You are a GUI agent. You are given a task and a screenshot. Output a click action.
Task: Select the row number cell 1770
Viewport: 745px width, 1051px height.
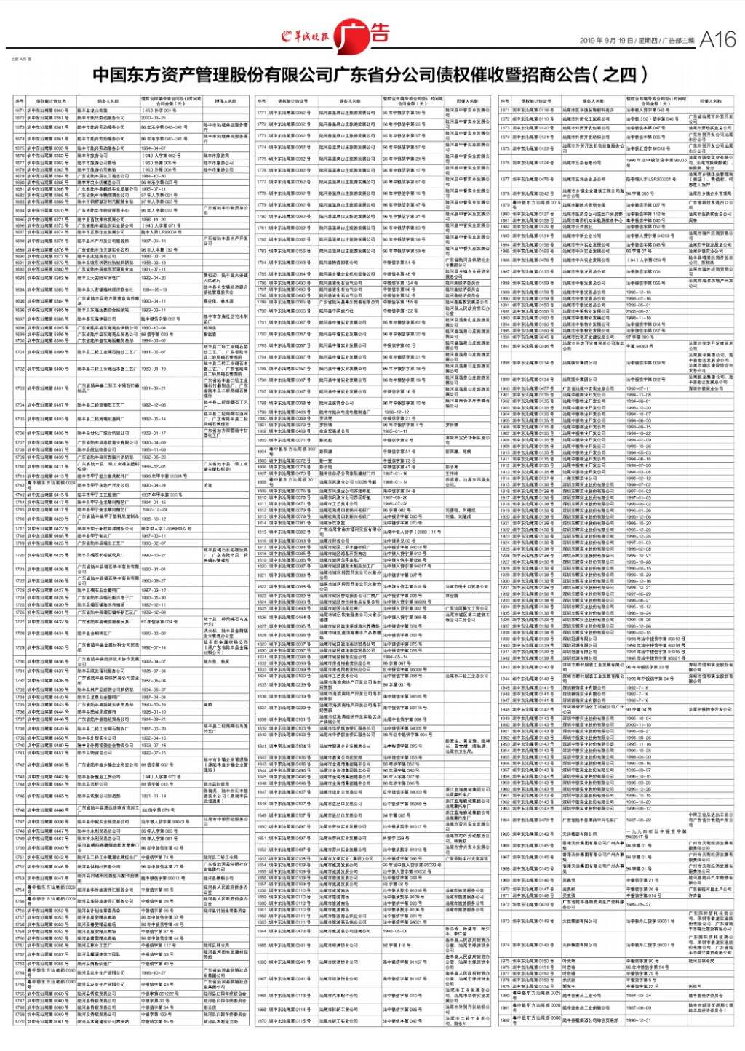pos(19,1022)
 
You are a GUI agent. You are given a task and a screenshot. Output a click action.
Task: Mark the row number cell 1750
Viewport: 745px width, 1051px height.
pos(19,848)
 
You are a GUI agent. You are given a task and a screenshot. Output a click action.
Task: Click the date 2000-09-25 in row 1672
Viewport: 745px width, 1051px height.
pos(154,117)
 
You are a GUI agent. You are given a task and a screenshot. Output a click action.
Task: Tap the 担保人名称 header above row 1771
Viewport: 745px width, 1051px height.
pos(466,101)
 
